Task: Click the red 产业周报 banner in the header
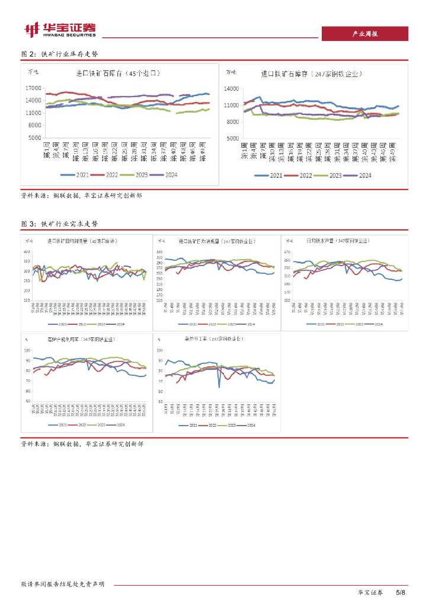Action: coord(364,34)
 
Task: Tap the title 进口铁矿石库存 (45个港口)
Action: coord(119,74)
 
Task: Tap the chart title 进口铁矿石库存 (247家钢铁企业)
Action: coord(312,74)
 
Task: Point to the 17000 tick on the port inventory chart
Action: coord(34,88)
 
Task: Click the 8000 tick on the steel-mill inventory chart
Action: coord(232,122)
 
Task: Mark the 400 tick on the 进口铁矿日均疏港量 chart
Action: coord(27,252)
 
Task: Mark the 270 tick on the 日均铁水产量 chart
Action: coord(288,252)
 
